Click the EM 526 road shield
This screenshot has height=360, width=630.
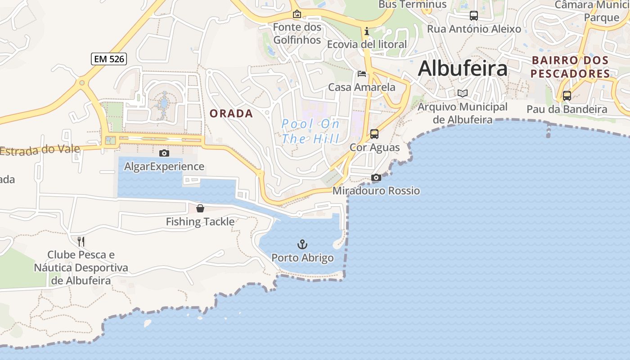(109, 59)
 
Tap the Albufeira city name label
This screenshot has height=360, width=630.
(463, 68)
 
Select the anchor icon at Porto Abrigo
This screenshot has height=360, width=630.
(302, 244)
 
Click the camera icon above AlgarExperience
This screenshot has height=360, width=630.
(164, 153)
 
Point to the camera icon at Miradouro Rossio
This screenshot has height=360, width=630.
(376, 177)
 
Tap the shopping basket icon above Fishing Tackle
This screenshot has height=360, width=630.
(200, 208)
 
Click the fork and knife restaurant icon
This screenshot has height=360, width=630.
(81, 241)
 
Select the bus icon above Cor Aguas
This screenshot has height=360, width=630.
(374, 134)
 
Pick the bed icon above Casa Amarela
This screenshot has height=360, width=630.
(362, 73)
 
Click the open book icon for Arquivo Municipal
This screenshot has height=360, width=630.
(463, 93)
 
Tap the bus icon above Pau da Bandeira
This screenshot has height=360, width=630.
(567, 95)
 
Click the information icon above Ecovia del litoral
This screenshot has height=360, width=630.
(367, 31)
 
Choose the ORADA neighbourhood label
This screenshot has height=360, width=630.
(231, 114)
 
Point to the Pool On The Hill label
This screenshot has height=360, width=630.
(310, 131)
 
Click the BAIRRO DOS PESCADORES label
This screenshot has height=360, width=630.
(570, 67)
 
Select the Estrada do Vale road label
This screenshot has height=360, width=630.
(40, 150)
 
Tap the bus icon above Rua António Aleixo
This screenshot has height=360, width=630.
(474, 16)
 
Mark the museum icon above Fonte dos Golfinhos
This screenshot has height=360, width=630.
(297, 14)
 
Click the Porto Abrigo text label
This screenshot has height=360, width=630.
(302, 258)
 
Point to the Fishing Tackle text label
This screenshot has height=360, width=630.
(200, 221)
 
